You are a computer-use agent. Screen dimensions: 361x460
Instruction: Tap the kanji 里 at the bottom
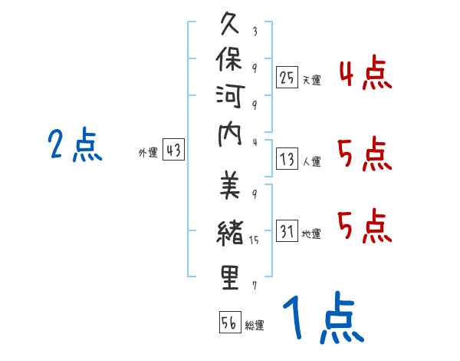(x=231, y=278)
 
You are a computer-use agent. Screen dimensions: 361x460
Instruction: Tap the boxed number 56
(x=229, y=323)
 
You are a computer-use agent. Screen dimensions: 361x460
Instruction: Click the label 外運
(x=148, y=153)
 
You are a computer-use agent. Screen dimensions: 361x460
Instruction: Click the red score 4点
(x=365, y=75)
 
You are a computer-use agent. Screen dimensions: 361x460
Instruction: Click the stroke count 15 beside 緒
(x=255, y=240)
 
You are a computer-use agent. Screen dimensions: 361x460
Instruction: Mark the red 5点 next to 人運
(x=365, y=155)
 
